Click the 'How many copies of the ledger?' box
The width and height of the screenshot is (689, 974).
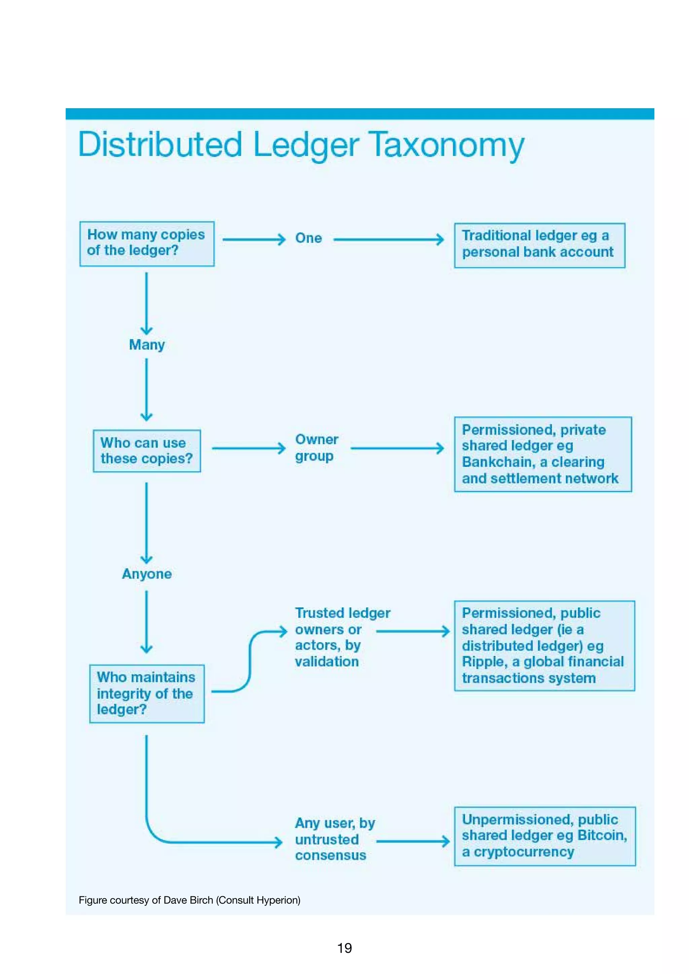pyautogui.click(x=147, y=243)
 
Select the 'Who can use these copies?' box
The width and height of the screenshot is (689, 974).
pyautogui.click(x=147, y=451)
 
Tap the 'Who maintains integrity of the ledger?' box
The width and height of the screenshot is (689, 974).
pyautogui.click(x=147, y=693)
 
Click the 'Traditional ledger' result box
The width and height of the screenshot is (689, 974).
pyautogui.click(x=539, y=245)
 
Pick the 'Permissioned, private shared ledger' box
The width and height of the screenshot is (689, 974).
pyautogui.click(x=543, y=454)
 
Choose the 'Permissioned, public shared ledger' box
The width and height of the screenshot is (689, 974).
pyautogui.click(x=544, y=645)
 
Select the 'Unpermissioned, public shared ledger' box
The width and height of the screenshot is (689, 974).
pyautogui.click(x=545, y=836)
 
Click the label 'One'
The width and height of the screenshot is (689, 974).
pyautogui.click(x=309, y=238)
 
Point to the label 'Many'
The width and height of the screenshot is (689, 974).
pyautogui.click(x=147, y=344)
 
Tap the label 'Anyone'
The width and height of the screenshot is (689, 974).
pyautogui.click(x=147, y=573)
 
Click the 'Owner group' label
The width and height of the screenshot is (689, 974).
pyautogui.click(x=317, y=448)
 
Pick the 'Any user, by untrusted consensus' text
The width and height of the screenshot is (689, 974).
pyautogui.click(x=334, y=839)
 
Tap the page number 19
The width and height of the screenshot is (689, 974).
pyautogui.click(x=344, y=948)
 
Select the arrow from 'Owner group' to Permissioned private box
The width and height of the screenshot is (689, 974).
pyautogui.click(x=397, y=448)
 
